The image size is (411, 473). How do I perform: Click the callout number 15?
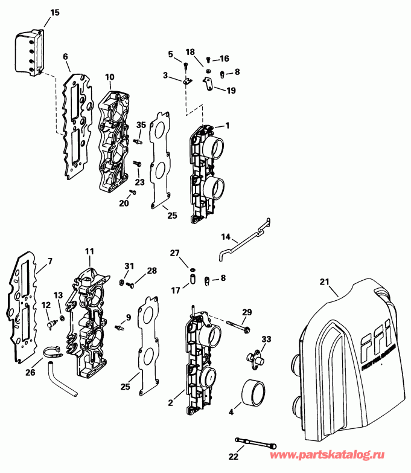[x=55, y=12]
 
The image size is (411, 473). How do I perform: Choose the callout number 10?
[x=109, y=77]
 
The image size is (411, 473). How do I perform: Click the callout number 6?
[x=65, y=56]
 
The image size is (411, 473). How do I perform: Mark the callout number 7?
[x=49, y=261]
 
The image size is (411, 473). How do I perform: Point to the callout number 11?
[x=89, y=251]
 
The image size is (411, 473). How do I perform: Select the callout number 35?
[x=141, y=124]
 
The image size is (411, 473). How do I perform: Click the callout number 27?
[x=174, y=253]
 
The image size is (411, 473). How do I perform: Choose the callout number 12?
[x=45, y=306]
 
